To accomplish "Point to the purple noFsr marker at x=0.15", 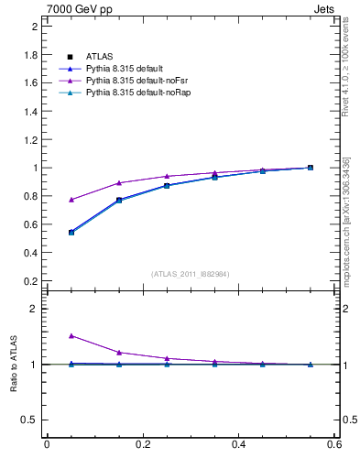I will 119,183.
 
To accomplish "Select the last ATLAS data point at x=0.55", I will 311,168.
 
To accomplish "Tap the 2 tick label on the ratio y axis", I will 33,309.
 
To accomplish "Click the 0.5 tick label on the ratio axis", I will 29,420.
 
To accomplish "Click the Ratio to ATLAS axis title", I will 13,364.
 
